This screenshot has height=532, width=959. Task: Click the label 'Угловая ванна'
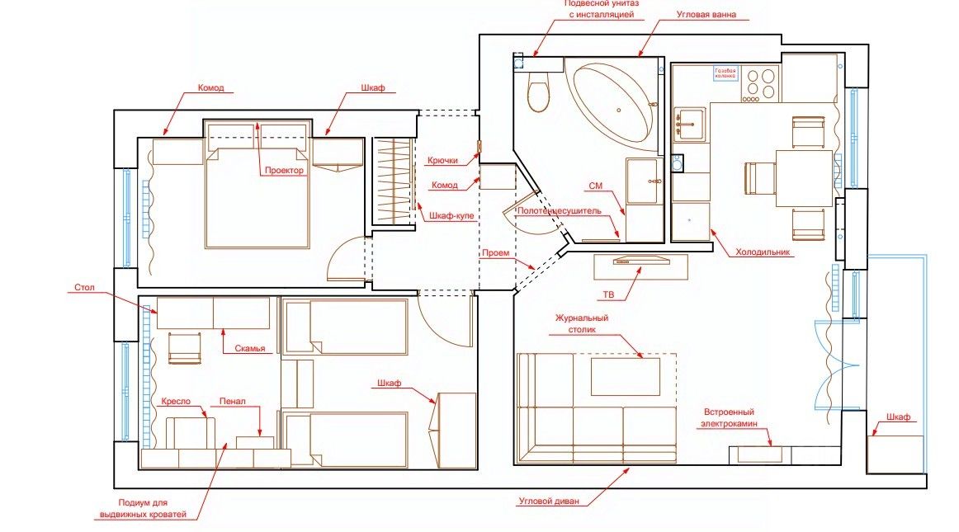click(x=706, y=15)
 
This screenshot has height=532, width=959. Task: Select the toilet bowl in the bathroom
click(x=538, y=93)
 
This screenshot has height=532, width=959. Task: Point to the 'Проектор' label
click(x=284, y=171)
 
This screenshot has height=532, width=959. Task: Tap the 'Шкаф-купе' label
click(x=451, y=216)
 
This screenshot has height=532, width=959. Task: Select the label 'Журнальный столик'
click(x=582, y=322)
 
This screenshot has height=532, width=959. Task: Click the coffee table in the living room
click(x=626, y=376)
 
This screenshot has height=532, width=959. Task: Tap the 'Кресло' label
click(x=176, y=401)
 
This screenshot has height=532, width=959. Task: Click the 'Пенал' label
click(x=232, y=402)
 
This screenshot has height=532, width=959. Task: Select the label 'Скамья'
click(x=250, y=349)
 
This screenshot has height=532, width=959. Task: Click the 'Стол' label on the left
click(x=85, y=289)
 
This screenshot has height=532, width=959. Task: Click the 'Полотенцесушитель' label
click(x=560, y=211)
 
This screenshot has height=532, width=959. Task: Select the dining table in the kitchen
click(x=803, y=177)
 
